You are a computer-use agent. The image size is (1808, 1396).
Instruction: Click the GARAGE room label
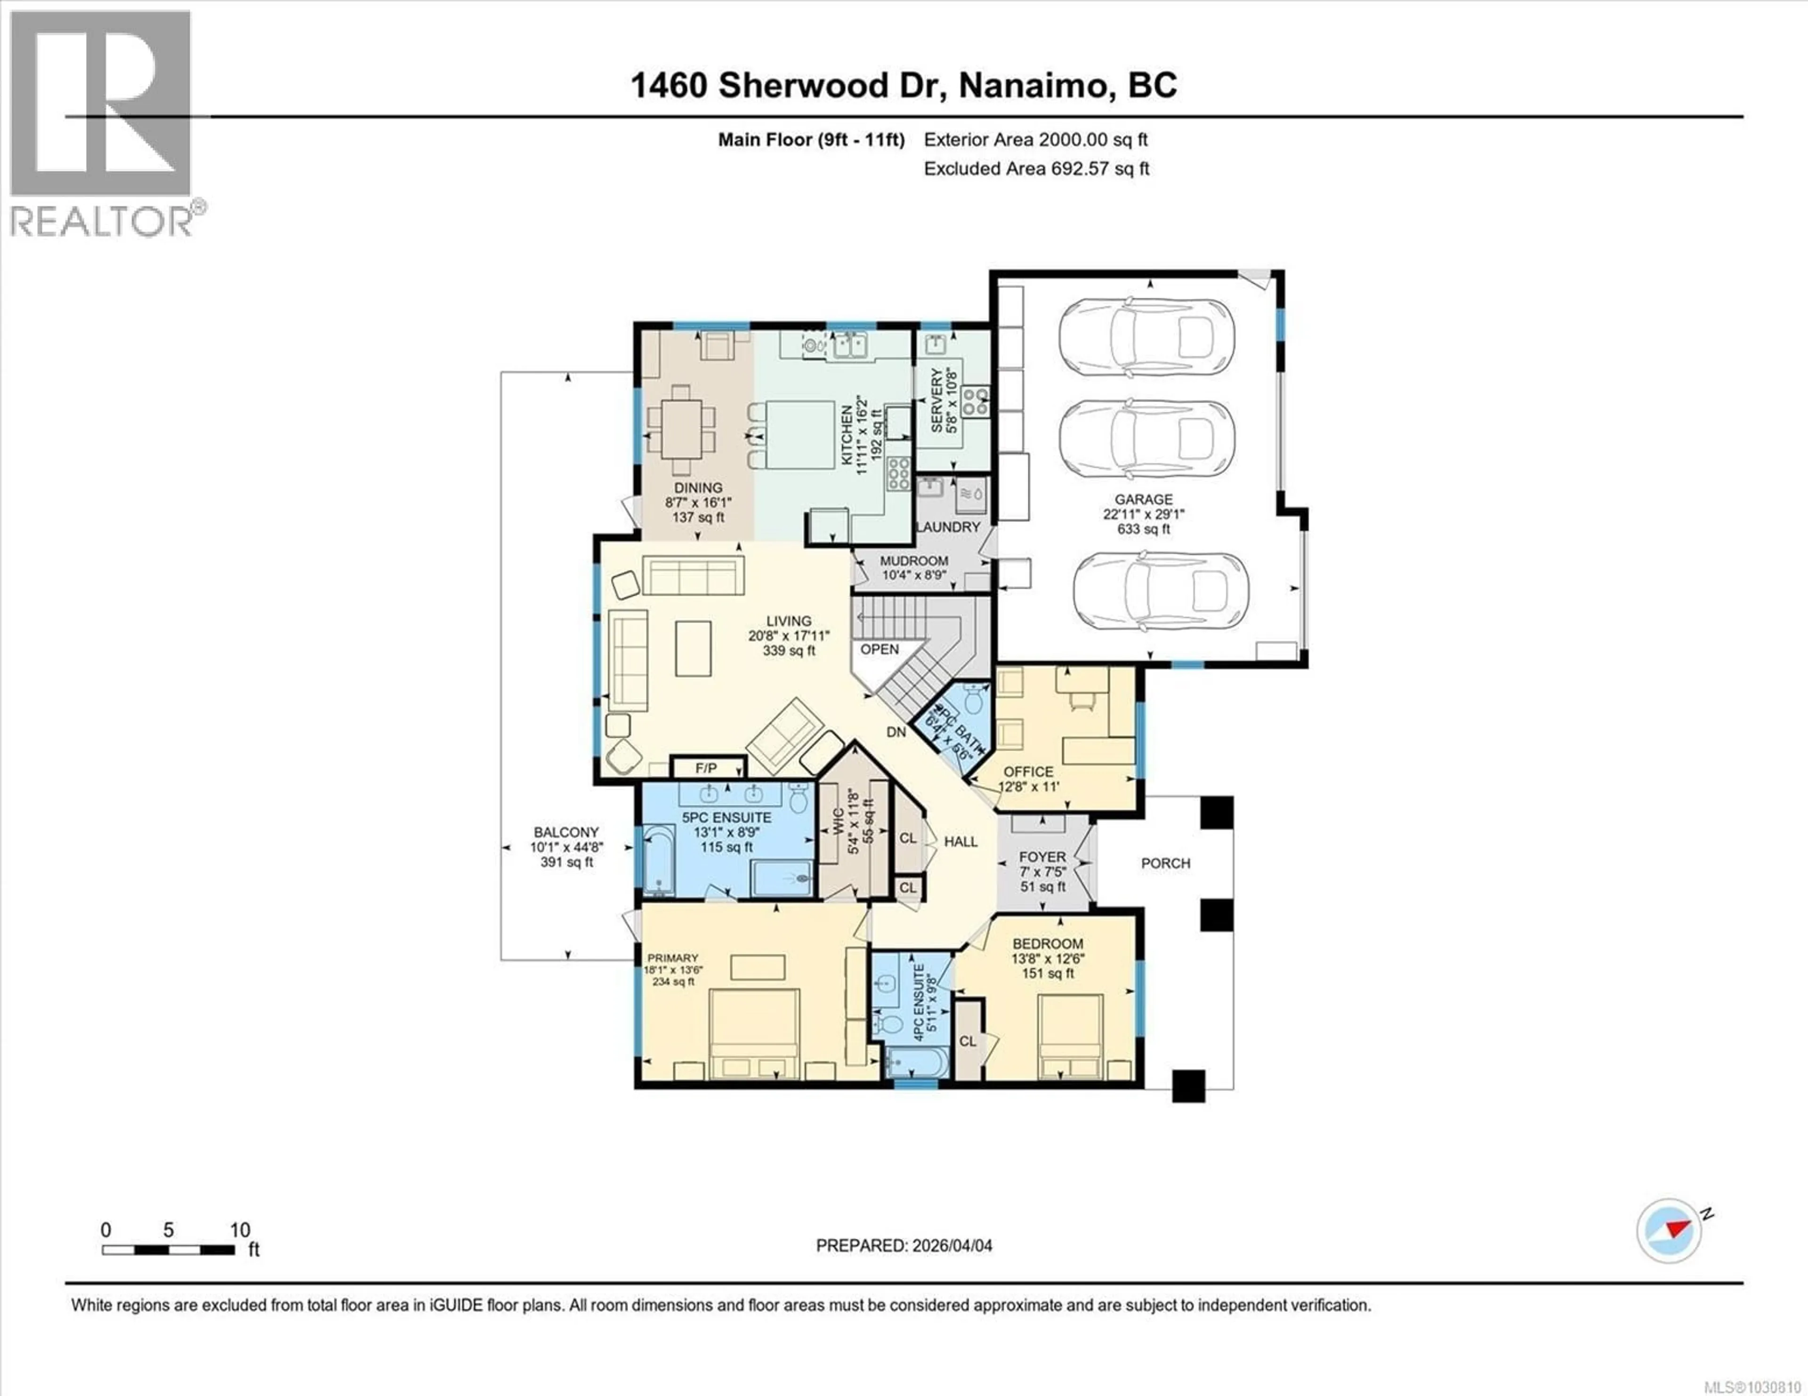pyautogui.click(x=1143, y=499)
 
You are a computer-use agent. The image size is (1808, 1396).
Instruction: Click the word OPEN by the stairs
pyautogui.click(x=879, y=650)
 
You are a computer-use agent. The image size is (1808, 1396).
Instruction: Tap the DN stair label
pyautogui.click(x=896, y=732)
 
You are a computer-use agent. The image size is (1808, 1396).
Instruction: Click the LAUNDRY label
pyautogui.click(x=948, y=526)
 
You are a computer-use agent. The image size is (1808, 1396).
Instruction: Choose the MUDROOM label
pyautogui.click(x=914, y=561)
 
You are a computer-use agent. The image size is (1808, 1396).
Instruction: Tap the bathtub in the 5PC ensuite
pyautogui.click(x=660, y=861)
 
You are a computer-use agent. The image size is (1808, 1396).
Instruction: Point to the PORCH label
pyautogui.click(x=1166, y=863)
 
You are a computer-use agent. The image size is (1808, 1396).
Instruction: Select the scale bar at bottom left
pyautogui.click(x=168, y=1250)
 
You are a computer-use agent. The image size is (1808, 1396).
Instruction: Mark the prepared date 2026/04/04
pyautogui.click(x=904, y=1245)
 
